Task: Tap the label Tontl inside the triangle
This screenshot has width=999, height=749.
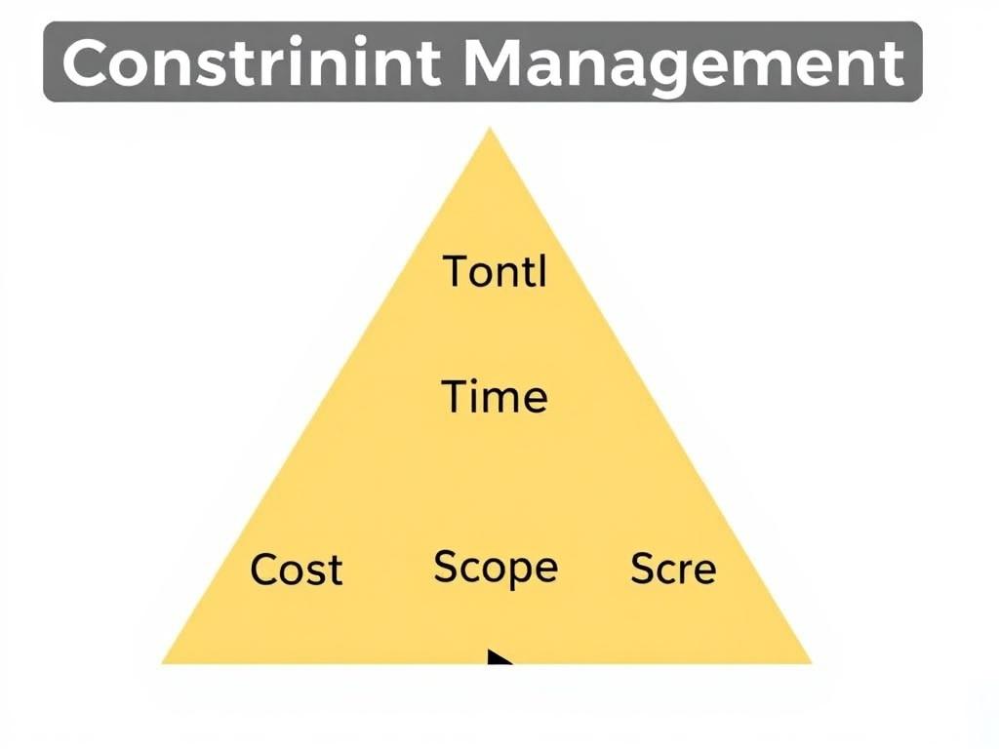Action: (496, 270)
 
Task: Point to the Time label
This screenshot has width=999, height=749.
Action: (495, 397)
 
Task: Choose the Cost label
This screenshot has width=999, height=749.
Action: (297, 569)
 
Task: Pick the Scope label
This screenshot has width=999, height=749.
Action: (496, 568)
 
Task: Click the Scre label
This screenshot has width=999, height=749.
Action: (673, 568)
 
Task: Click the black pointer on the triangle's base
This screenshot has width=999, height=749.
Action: (499, 657)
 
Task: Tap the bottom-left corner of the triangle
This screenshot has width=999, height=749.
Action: (164, 662)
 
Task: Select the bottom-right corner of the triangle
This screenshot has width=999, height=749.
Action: (810, 662)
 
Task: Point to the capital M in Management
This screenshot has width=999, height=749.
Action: (498, 63)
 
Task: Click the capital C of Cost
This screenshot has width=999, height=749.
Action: (265, 569)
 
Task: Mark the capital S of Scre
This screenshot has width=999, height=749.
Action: (643, 568)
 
